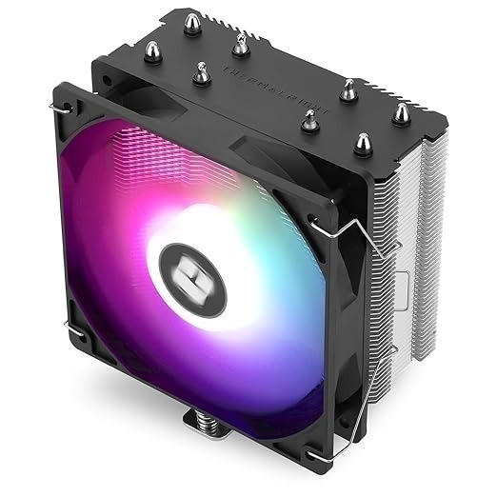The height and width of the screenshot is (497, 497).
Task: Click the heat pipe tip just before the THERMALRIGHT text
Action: (x=204, y=68)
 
